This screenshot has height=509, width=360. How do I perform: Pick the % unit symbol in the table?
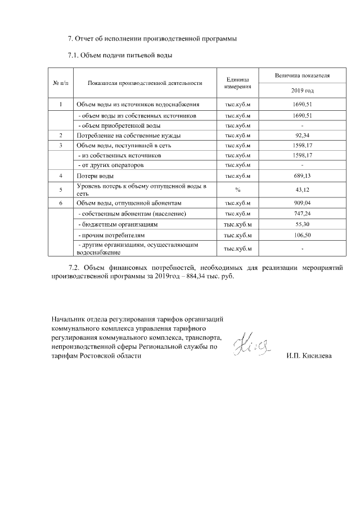(238, 190)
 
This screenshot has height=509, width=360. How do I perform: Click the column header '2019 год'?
(303, 90)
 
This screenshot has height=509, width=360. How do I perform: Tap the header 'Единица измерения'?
(238, 83)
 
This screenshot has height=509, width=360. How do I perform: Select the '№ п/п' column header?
(60, 83)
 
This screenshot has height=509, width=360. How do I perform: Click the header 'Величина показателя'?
(303, 75)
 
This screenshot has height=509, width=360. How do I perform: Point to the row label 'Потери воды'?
(91, 176)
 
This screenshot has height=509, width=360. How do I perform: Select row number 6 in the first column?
(60, 202)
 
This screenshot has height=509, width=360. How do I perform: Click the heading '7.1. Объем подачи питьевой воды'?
(120, 55)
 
